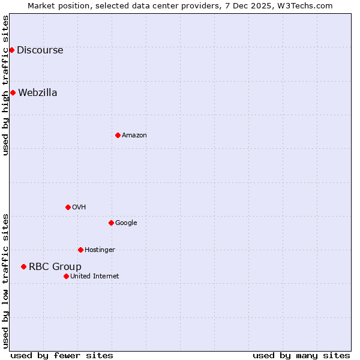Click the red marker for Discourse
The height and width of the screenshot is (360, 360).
click(11, 50)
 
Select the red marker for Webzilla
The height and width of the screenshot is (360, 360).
click(13, 92)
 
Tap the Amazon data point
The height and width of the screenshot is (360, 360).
click(118, 135)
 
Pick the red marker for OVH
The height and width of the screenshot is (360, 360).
click(68, 207)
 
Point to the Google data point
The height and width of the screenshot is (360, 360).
click(111, 223)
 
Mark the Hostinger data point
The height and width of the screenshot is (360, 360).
click(80, 250)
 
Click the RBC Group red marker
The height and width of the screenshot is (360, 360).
click(23, 266)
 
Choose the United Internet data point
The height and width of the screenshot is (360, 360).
click(66, 276)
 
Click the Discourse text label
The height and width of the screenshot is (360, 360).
click(40, 50)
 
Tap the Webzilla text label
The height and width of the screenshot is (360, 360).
click(38, 93)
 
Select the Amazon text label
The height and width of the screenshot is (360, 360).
click(134, 136)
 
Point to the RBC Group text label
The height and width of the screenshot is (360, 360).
click(55, 267)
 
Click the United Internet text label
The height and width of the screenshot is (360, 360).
click(95, 277)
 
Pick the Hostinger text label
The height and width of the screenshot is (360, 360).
click(100, 250)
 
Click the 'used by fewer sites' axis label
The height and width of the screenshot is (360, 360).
click(62, 356)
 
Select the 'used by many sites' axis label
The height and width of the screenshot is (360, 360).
click(301, 356)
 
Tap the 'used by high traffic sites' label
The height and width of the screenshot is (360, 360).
click(5, 85)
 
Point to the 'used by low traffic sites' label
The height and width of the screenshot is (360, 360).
click(5, 281)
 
